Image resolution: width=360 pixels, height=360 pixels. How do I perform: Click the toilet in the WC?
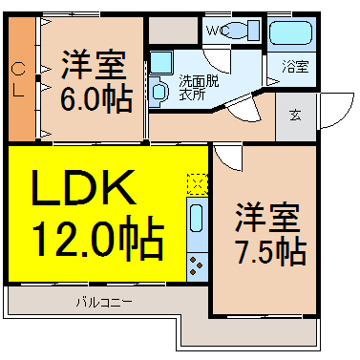(244, 31)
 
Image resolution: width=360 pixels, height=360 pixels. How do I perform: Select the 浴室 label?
(295, 67)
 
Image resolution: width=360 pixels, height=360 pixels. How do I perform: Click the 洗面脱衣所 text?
(199, 87)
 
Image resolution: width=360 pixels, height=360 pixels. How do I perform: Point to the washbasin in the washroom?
(159, 92)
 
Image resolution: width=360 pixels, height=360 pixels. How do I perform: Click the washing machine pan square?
(161, 62)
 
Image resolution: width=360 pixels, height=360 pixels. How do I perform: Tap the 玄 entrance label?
(295, 115)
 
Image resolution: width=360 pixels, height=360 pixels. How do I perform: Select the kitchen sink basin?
(196, 218)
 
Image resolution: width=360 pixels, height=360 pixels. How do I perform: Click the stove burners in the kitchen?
(197, 265)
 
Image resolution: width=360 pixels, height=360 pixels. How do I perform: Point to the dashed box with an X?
(198, 184)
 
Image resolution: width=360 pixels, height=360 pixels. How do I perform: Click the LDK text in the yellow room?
(83, 187)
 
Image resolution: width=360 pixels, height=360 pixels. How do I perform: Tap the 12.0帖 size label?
(98, 238)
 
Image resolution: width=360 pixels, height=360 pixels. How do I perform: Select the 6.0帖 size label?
(96, 98)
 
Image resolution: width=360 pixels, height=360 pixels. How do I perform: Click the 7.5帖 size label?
(271, 252)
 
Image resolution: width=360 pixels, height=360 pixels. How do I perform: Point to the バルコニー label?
(104, 302)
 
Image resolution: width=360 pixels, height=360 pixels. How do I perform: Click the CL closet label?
(18, 80)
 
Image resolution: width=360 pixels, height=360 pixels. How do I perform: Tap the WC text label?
(218, 31)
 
